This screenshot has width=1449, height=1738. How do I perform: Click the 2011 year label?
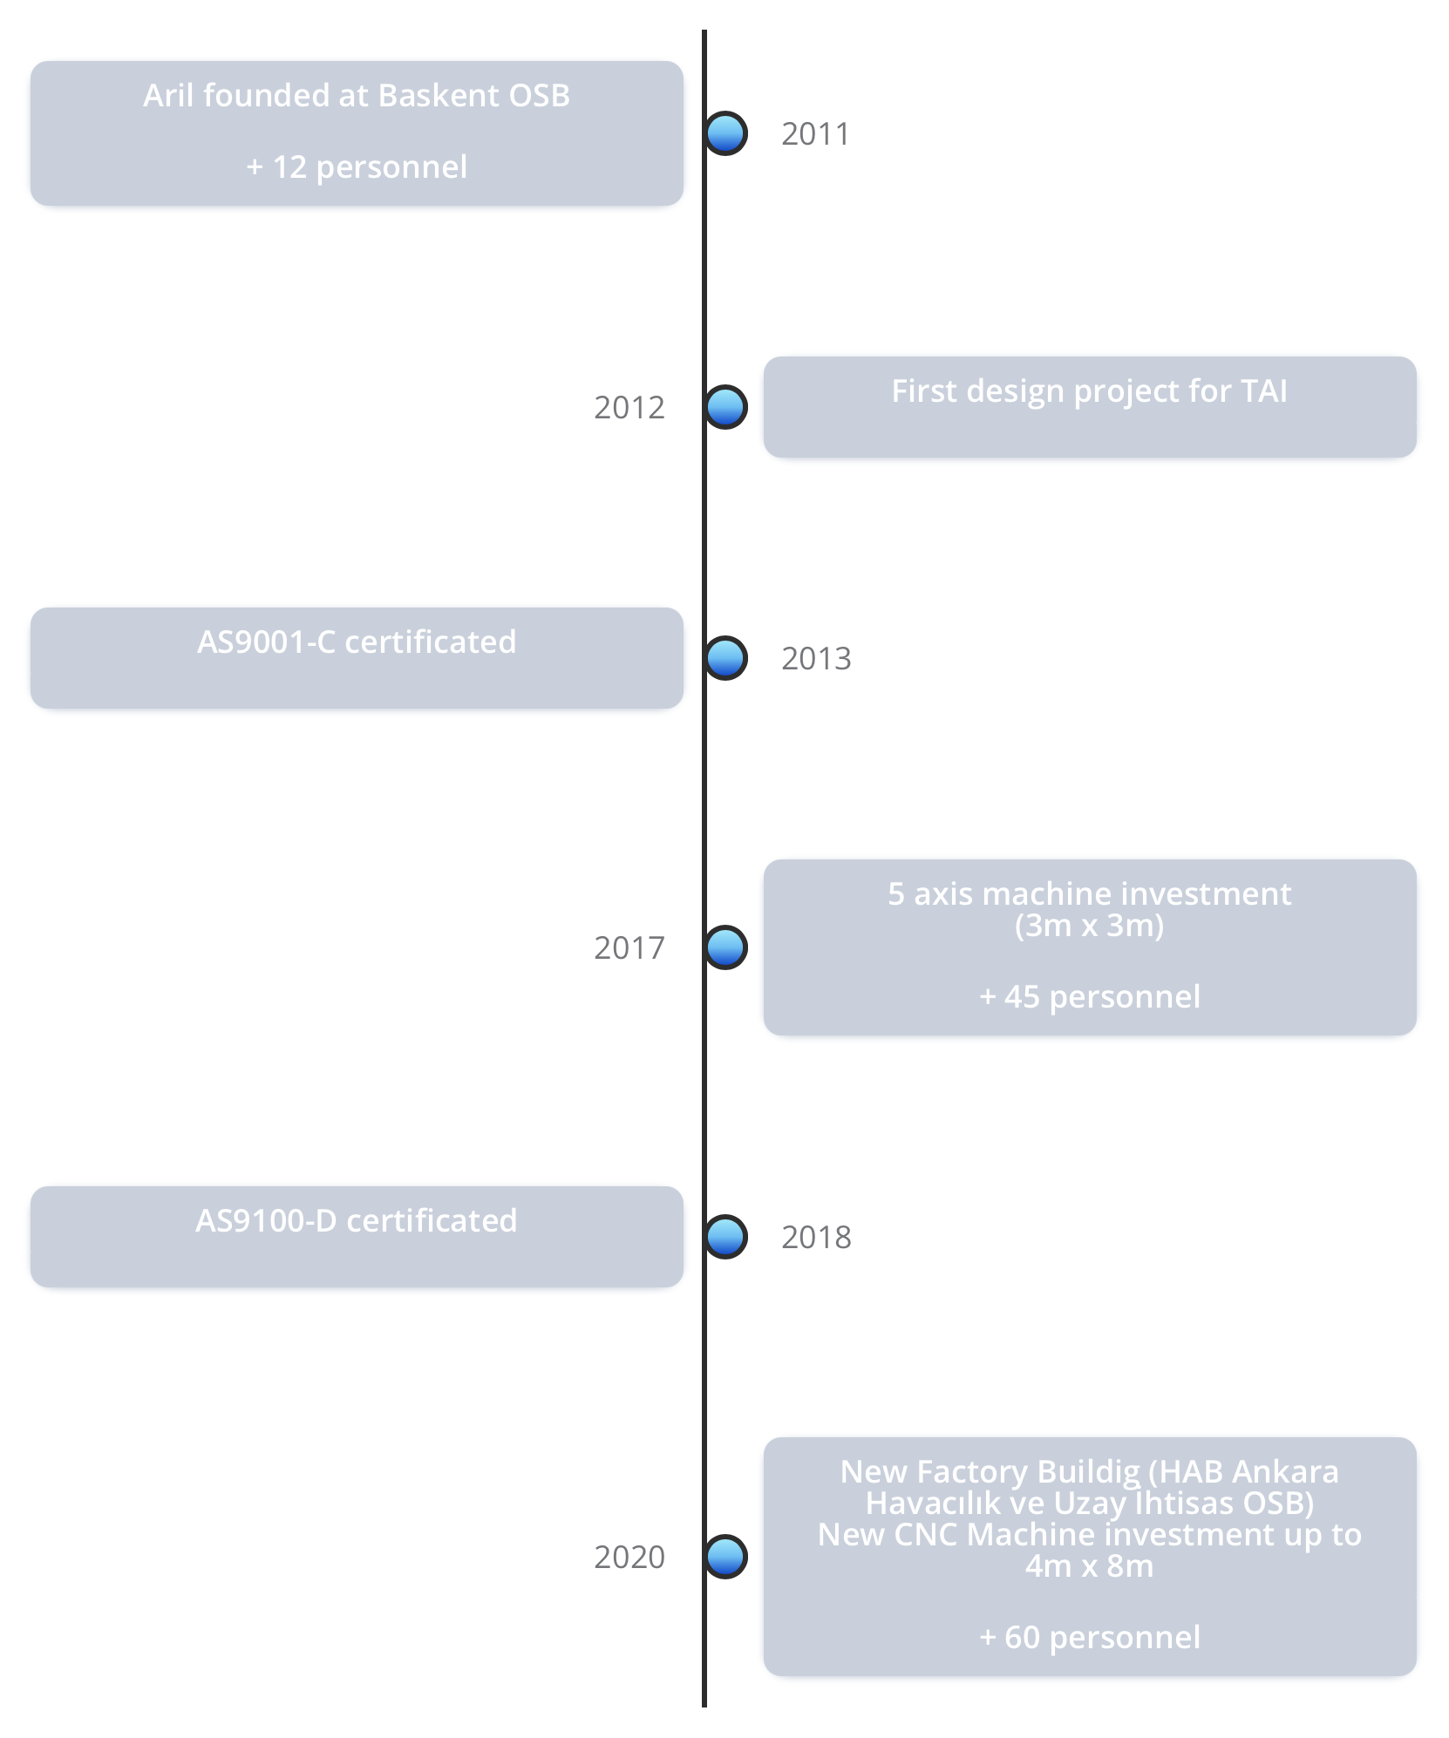[x=815, y=134]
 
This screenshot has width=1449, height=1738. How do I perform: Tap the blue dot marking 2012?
[x=725, y=407]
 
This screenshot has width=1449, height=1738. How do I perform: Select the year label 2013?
[x=816, y=659]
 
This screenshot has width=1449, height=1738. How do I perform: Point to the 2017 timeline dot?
[x=725, y=947]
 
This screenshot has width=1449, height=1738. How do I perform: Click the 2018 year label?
[x=816, y=1238]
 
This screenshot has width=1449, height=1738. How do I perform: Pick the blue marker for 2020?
[x=725, y=1557]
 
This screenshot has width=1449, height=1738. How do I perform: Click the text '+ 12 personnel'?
[x=357, y=166]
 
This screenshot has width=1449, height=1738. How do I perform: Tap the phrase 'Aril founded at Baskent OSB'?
[x=357, y=95]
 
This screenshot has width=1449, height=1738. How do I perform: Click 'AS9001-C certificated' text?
[x=357, y=642]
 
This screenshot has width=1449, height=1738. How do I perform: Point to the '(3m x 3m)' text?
[x=1089, y=926]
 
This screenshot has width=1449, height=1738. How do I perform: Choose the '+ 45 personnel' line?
[x=1089, y=997]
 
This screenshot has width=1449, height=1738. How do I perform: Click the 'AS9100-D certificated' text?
[x=357, y=1221]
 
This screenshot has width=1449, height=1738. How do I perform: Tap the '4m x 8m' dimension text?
[x=1089, y=1566]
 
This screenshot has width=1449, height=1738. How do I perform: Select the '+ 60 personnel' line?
[x=1089, y=1638]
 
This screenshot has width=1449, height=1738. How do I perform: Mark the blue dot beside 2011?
[x=725, y=133]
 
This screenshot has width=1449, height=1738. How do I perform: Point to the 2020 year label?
[x=629, y=1558]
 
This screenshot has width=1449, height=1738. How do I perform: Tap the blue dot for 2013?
[x=725, y=658]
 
